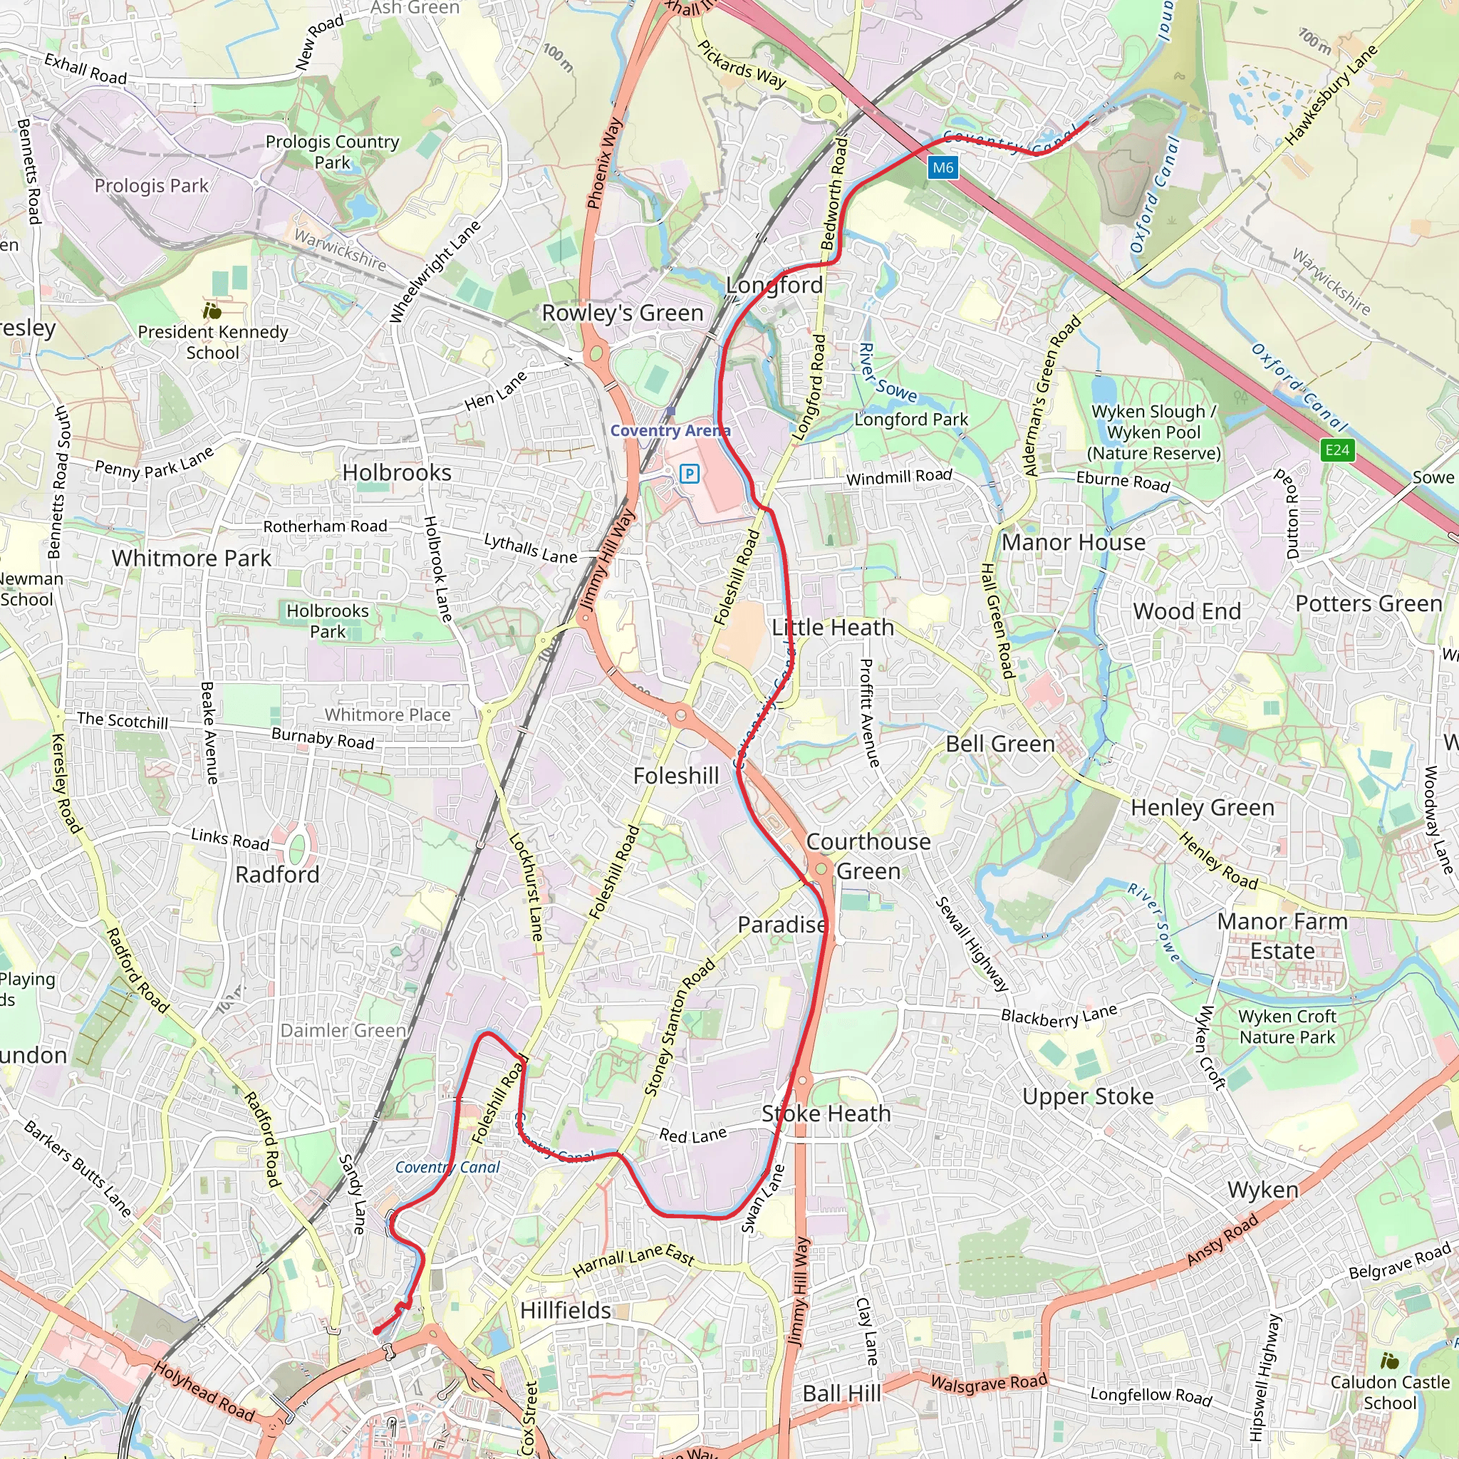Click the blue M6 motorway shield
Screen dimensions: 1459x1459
[x=943, y=167]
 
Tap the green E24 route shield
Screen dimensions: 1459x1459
[x=1336, y=451]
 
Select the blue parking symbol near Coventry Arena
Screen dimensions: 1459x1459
[x=689, y=474]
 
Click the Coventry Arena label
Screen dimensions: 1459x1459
[x=670, y=430]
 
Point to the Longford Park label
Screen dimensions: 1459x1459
[x=910, y=419]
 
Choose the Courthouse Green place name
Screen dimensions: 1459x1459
[x=868, y=856]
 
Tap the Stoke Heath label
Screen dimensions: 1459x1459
[x=826, y=1113]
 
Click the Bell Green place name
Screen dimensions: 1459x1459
[x=1000, y=744]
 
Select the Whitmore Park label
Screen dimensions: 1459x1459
[x=191, y=558]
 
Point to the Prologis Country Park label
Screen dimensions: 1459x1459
[x=332, y=152]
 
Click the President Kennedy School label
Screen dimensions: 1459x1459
[x=213, y=342]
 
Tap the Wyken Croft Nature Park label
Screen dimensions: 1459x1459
[x=1287, y=1027]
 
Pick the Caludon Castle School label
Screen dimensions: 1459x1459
[x=1389, y=1393]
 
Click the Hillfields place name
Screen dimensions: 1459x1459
[x=566, y=1310]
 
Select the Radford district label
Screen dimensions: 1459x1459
[x=277, y=875]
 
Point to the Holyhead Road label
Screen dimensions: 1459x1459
[x=204, y=1391]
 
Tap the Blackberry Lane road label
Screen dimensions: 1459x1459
[x=1059, y=1017]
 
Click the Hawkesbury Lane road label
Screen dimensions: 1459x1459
[x=1331, y=95]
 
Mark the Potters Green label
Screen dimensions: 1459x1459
[x=1369, y=603]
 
